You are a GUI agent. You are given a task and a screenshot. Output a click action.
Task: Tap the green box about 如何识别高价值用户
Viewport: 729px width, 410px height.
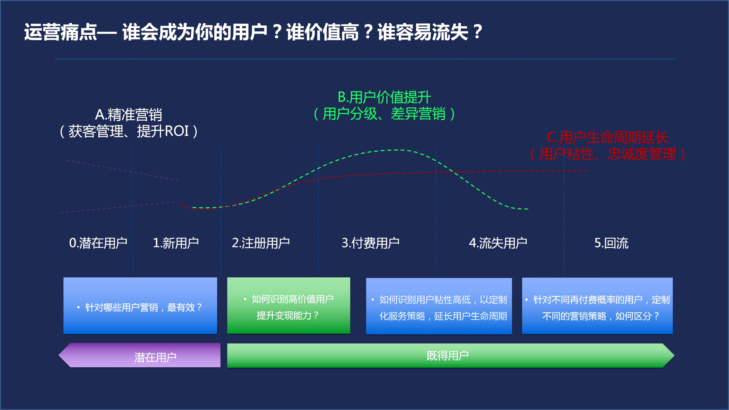tap(289, 306)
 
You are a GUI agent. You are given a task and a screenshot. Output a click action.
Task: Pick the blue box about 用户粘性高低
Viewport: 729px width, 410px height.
tap(439, 306)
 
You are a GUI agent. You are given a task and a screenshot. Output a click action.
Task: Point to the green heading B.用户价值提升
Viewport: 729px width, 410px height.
tap(384, 97)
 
